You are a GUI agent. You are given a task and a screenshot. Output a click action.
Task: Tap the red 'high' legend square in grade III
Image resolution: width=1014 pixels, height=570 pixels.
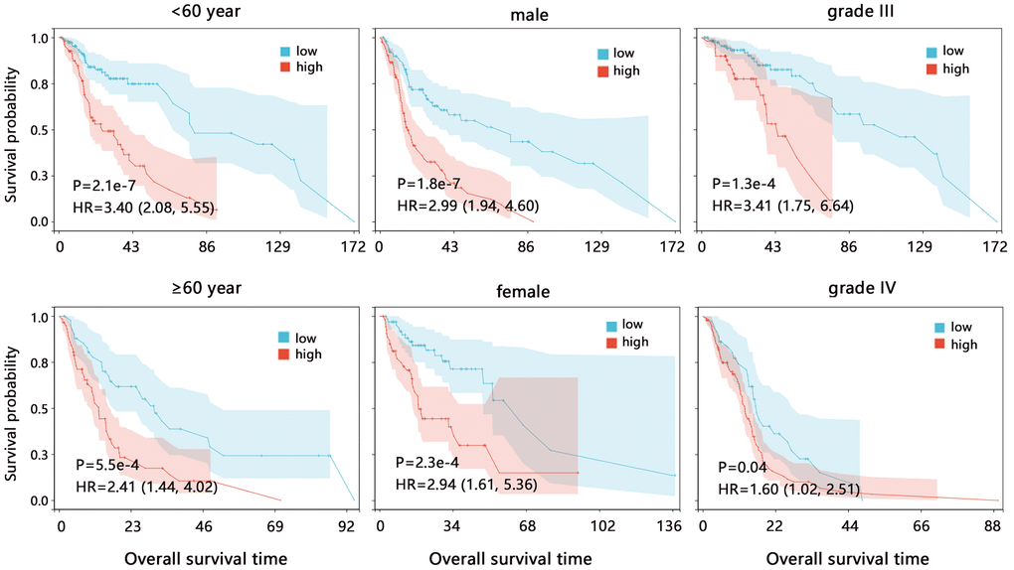click(x=931, y=70)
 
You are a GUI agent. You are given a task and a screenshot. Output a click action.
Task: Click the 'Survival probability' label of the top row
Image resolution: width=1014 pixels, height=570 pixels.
click(x=12, y=128)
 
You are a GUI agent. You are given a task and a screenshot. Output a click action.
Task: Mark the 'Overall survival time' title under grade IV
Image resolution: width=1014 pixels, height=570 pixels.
click(x=848, y=558)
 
